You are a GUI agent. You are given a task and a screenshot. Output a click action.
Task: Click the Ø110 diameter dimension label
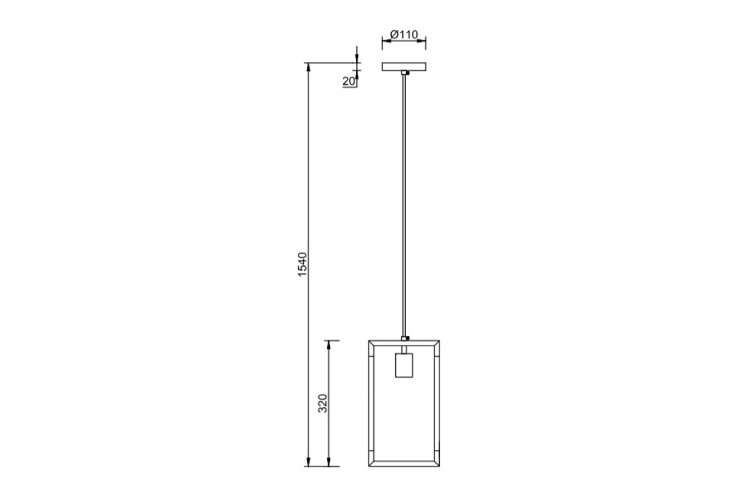pyautogui.click(x=404, y=35)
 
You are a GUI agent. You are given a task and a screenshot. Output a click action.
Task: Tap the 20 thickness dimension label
pyautogui.click(x=348, y=81)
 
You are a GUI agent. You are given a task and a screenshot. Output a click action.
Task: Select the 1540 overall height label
pyautogui.click(x=303, y=264)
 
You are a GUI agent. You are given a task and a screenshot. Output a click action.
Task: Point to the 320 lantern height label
pyautogui.click(x=323, y=403)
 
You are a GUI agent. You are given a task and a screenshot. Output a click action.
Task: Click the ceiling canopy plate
pyautogui.click(x=404, y=67)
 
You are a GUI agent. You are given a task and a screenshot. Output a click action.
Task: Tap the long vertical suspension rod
pyautogui.click(x=404, y=205)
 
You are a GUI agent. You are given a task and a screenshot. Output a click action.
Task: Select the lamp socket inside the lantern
pyautogui.click(x=404, y=365)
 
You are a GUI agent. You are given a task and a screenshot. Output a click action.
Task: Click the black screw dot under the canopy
pyautogui.click(x=408, y=73)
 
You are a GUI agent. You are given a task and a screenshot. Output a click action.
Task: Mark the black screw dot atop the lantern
pyautogui.click(x=408, y=338)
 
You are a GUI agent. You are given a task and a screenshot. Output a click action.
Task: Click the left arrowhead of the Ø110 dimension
pyautogui.click(x=386, y=41)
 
